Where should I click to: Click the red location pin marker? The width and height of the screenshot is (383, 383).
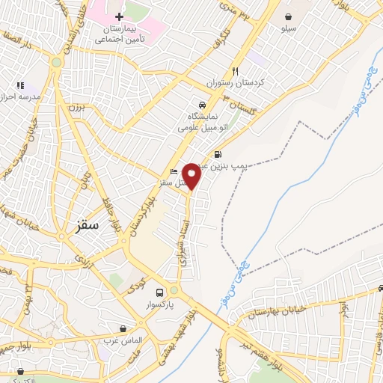pos(192,175)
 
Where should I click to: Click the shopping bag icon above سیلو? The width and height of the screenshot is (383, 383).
pos(288,16)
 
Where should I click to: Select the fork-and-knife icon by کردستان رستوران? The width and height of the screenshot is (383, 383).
pos(236,72)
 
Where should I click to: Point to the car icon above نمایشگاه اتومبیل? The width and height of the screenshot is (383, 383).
pos(202,105)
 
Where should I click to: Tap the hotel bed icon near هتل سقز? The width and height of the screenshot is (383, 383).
pos(174,172)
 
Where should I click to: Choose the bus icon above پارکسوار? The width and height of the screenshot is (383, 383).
pos(159,292)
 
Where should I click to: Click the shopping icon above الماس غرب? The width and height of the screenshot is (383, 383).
pos(123,328)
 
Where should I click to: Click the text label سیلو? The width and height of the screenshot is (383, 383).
pos(288,28)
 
